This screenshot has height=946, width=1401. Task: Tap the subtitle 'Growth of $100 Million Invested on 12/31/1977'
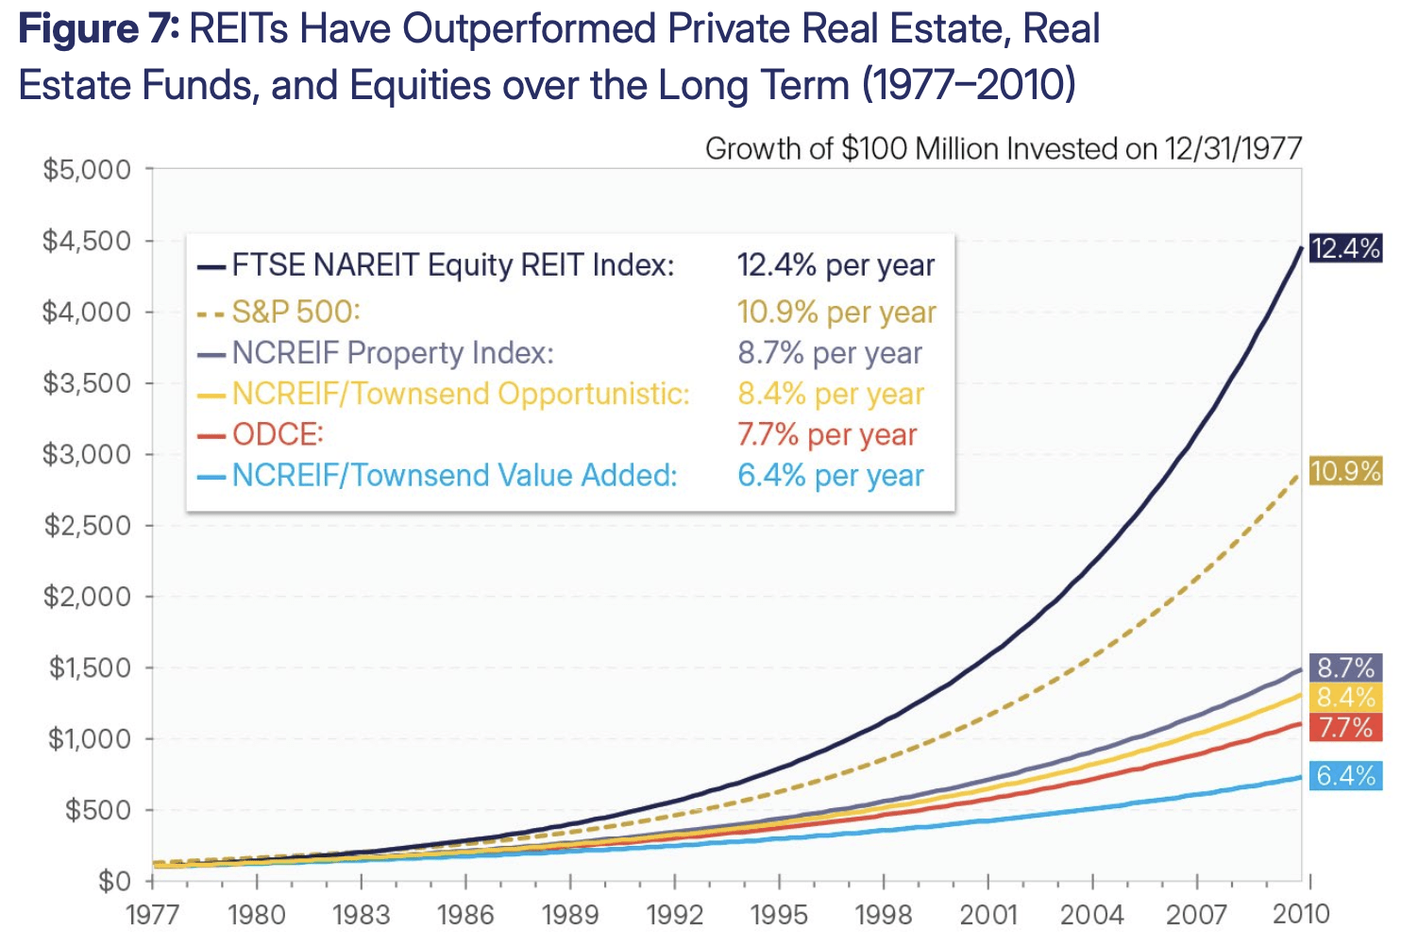(1003, 149)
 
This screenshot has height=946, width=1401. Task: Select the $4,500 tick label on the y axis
(86, 241)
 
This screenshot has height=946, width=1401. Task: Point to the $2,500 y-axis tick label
(86, 525)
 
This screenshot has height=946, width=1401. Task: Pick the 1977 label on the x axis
(152, 914)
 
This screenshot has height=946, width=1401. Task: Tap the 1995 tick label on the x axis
(779, 914)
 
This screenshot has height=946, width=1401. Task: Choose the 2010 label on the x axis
(1301, 914)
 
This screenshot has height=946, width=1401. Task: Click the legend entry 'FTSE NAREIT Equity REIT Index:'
(453, 265)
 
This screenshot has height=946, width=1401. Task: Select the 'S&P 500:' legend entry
(296, 312)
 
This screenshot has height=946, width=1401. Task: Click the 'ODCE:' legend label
(278, 434)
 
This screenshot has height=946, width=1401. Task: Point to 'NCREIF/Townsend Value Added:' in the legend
(454, 475)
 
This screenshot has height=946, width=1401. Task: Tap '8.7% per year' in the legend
(830, 353)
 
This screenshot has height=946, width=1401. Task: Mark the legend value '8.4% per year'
(831, 394)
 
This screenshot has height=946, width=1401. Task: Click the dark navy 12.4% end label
(1345, 248)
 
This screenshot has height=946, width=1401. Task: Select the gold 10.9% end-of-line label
(1345, 470)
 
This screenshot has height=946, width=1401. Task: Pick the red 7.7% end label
(1345, 728)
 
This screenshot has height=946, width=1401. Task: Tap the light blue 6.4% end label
(1345, 776)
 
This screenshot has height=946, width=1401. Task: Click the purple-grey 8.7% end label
(1345, 668)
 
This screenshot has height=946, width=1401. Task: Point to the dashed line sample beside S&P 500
(211, 313)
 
